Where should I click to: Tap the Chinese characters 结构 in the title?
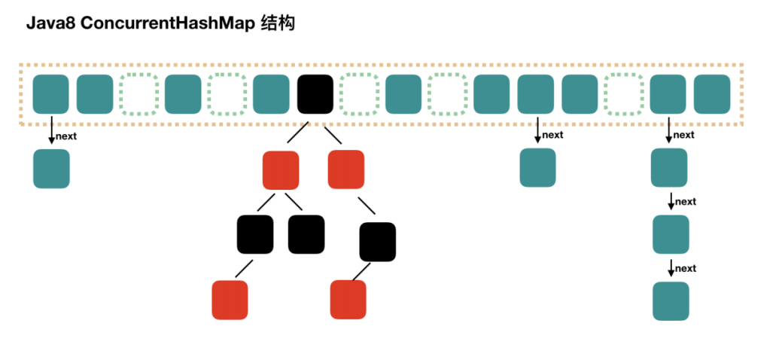click(276, 23)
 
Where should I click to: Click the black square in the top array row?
click(315, 94)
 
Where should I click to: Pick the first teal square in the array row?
click(51, 94)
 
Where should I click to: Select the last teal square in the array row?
click(712, 94)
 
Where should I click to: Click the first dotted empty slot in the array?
click(139, 94)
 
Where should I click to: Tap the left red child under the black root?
click(281, 169)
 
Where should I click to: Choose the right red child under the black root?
click(346, 169)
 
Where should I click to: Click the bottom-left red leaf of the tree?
click(230, 300)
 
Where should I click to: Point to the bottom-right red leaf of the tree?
click(348, 300)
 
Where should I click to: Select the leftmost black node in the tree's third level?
click(255, 234)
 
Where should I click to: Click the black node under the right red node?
click(377, 241)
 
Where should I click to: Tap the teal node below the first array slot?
click(51, 168)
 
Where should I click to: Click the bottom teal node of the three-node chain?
click(671, 301)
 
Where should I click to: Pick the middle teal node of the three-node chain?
click(671, 234)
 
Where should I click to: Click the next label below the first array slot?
click(67, 136)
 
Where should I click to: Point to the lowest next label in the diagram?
click(686, 269)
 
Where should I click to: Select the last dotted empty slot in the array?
click(624, 94)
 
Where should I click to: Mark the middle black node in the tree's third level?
click(306, 234)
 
